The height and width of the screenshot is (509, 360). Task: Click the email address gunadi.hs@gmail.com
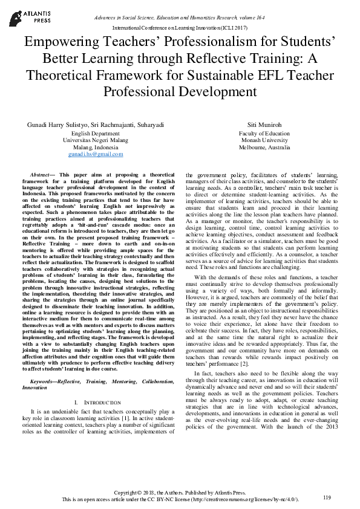pyautogui.click(x=96, y=154)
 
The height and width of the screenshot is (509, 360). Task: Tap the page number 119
pyautogui.click(x=327, y=497)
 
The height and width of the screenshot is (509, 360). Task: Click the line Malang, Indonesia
pyautogui.click(x=96, y=148)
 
